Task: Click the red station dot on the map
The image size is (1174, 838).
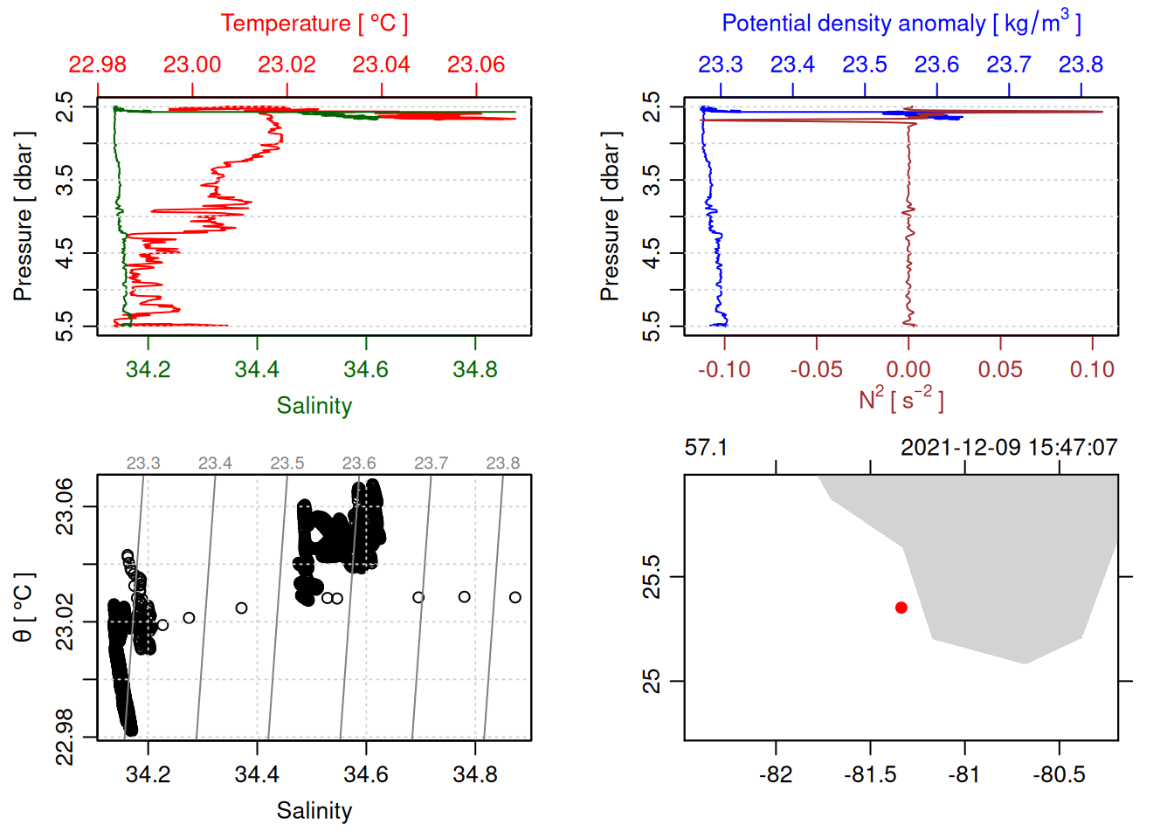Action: pyautogui.click(x=901, y=608)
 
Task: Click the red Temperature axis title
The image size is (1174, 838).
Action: pyautogui.click(x=314, y=24)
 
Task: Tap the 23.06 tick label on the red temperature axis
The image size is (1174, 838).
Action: pyautogui.click(x=476, y=65)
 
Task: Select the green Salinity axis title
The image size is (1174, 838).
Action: pyautogui.click(x=314, y=406)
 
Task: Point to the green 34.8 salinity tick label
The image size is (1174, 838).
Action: pyautogui.click(x=474, y=370)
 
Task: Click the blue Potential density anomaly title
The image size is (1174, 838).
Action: pyautogui.click(x=901, y=24)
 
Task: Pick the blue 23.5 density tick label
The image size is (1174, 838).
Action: pyautogui.click(x=864, y=65)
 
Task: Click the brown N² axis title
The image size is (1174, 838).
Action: pyautogui.click(x=901, y=400)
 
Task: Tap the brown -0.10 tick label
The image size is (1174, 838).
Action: pyautogui.click(x=723, y=370)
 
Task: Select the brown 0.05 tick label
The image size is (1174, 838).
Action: pyautogui.click(x=1000, y=370)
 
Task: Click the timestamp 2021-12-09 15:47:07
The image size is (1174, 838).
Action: pyautogui.click(x=1009, y=448)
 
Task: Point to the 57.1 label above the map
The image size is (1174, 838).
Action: pyautogui.click(x=706, y=448)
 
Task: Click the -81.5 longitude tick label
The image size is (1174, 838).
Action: pyautogui.click(x=870, y=775)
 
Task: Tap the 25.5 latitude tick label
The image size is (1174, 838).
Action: pyautogui.click(x=652, y=576)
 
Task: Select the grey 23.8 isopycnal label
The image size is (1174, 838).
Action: pyautogui.click(x=502, y=464)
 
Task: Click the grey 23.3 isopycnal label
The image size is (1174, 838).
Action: pyautogui.click(x=143, y=464)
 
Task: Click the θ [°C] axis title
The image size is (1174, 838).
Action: pyautogui.click(x=24, y=608)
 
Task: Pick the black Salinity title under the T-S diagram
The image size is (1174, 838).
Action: pyautogui.click(x=314, y=811)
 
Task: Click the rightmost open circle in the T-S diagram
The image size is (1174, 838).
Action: pyautogui.click(x=515, y=597)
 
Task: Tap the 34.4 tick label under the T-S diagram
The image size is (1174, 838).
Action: pyautogui.click(x=257, y=775)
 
